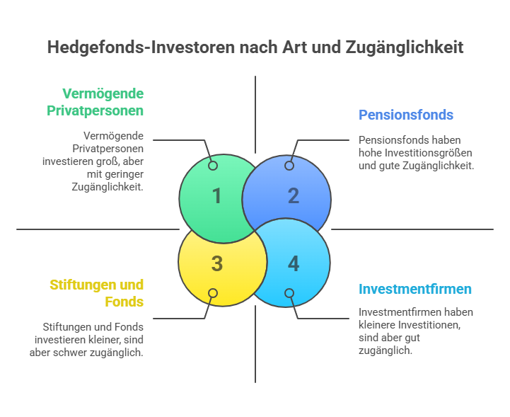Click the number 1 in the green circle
point(217,196)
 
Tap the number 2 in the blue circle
point(294,196)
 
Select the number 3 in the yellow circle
point(217,263)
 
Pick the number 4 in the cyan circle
point(294,263)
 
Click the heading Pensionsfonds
point(406,115)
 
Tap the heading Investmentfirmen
point(415,289)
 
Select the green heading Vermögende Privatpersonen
point(95,102)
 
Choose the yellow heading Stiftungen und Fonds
point(97,293)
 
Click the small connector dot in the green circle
point(213,166)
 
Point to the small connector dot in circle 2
point(289,166)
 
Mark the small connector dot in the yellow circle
point(213,293)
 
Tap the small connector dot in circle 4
point(289,293)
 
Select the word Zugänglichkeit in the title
point(405,47)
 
